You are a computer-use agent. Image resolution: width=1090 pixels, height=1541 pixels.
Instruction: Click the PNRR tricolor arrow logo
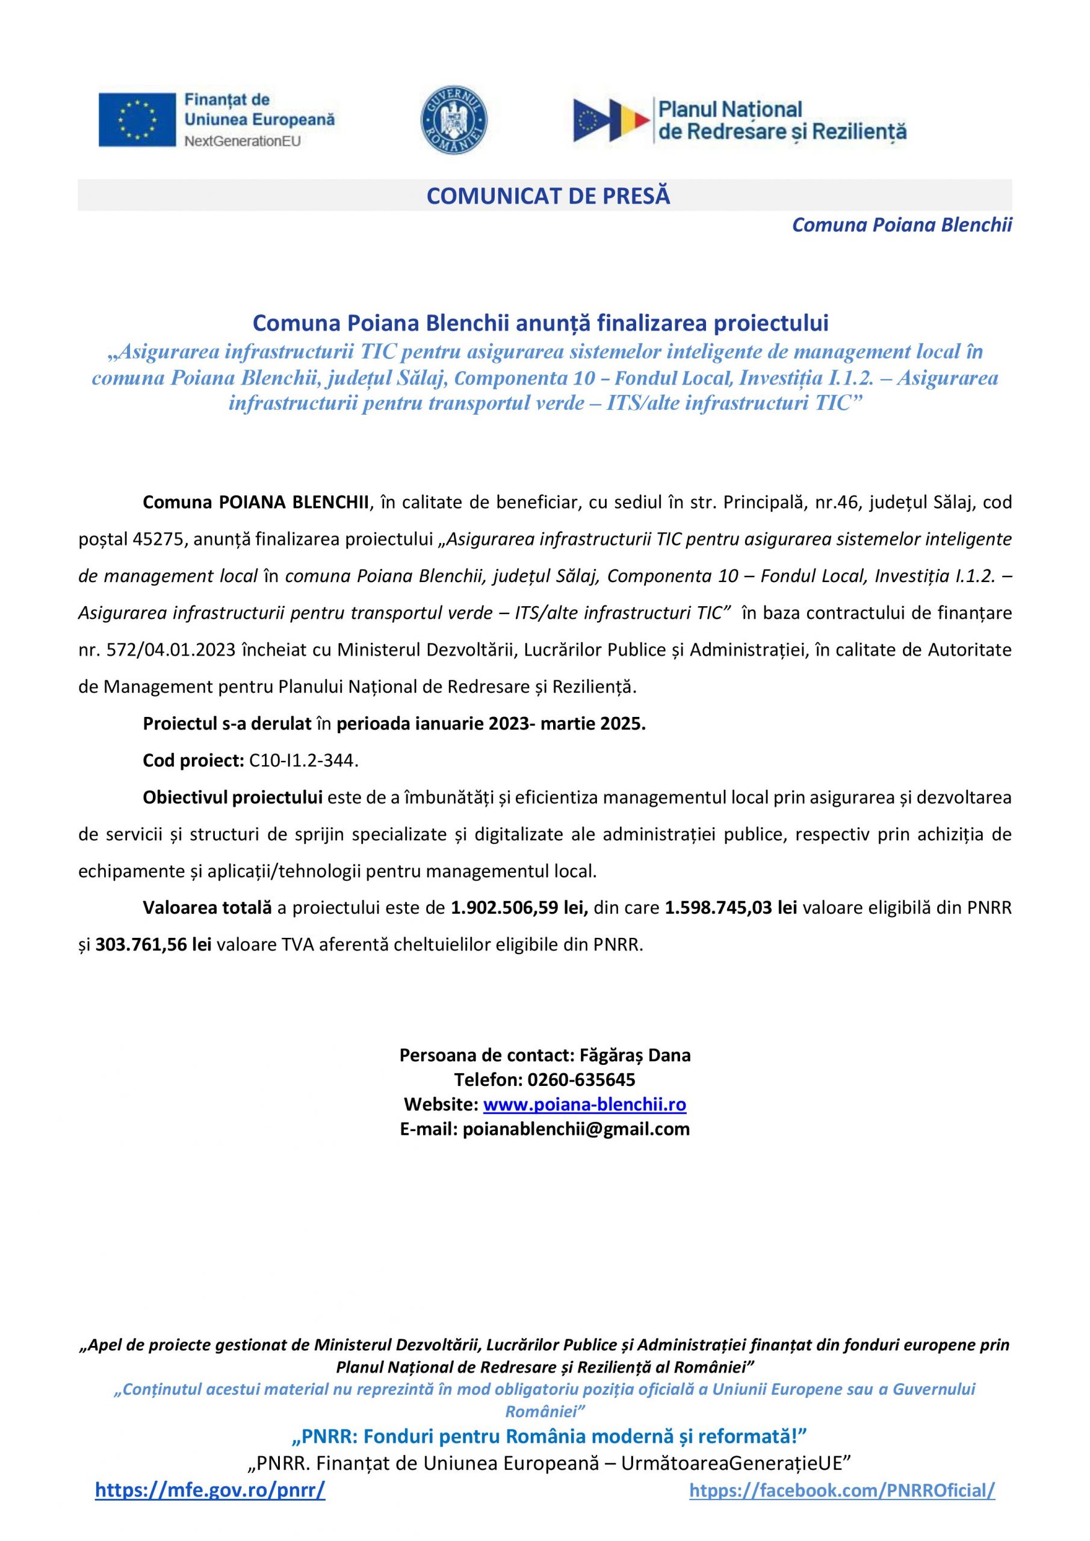[x=612, y=121]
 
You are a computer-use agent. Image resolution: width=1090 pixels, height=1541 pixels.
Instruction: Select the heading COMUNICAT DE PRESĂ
[x=548, y=196]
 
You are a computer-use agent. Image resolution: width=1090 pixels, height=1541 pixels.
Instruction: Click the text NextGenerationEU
[x=243, y=141]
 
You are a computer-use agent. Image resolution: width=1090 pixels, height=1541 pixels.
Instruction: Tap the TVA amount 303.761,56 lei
[x=153, y=945]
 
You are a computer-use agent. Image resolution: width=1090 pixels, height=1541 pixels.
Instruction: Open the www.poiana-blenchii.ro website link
[x=584, y=1104]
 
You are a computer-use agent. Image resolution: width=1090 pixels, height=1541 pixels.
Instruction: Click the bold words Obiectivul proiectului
[x=234, y=798]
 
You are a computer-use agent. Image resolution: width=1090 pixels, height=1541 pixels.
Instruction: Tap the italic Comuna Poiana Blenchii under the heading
[x=902, y=226]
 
